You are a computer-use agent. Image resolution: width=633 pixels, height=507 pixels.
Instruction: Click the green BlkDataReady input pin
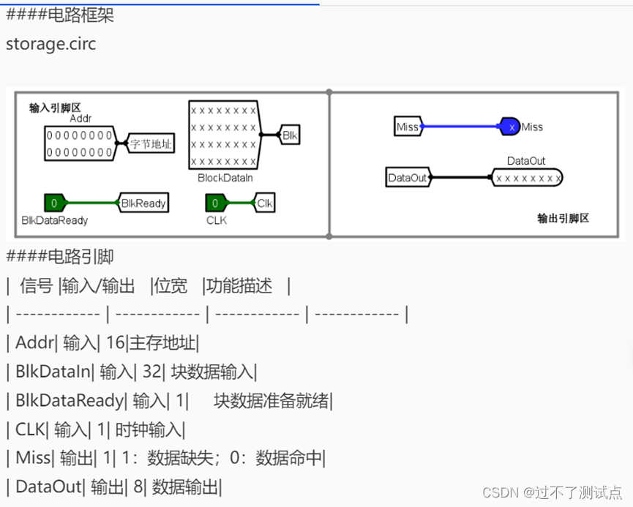point(55,203)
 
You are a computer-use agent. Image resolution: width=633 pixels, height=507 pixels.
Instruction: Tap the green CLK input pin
point(215,203)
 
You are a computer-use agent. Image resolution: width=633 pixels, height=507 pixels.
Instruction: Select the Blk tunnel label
point(291,135)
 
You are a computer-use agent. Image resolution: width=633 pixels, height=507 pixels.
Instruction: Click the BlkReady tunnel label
point(143,203)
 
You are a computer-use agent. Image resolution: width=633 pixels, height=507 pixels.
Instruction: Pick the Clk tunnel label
point(264,203)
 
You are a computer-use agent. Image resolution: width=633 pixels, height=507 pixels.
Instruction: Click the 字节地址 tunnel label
point(151,144)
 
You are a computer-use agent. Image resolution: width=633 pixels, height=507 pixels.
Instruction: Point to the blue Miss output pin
point(510,127)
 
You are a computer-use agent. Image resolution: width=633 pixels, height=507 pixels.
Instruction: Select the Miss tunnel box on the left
point(408,127)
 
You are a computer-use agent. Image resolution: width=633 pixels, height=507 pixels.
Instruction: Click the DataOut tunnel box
point(408,177)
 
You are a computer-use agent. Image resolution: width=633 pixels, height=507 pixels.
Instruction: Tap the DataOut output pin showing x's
point(527,177)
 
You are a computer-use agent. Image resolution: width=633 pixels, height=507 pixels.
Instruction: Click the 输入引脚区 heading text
point(55,107)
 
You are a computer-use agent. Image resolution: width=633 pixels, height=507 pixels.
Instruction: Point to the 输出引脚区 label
point(563,217)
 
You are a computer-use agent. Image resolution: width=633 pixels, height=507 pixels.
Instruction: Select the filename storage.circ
point(51,43)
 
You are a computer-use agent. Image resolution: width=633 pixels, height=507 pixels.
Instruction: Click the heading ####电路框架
point(60,15)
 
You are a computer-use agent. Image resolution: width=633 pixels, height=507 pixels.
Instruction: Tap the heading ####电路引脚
point(60,256)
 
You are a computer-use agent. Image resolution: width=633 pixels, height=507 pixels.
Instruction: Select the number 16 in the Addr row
point(116,342)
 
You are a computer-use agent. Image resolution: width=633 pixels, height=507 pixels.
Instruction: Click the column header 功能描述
point(239,285)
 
